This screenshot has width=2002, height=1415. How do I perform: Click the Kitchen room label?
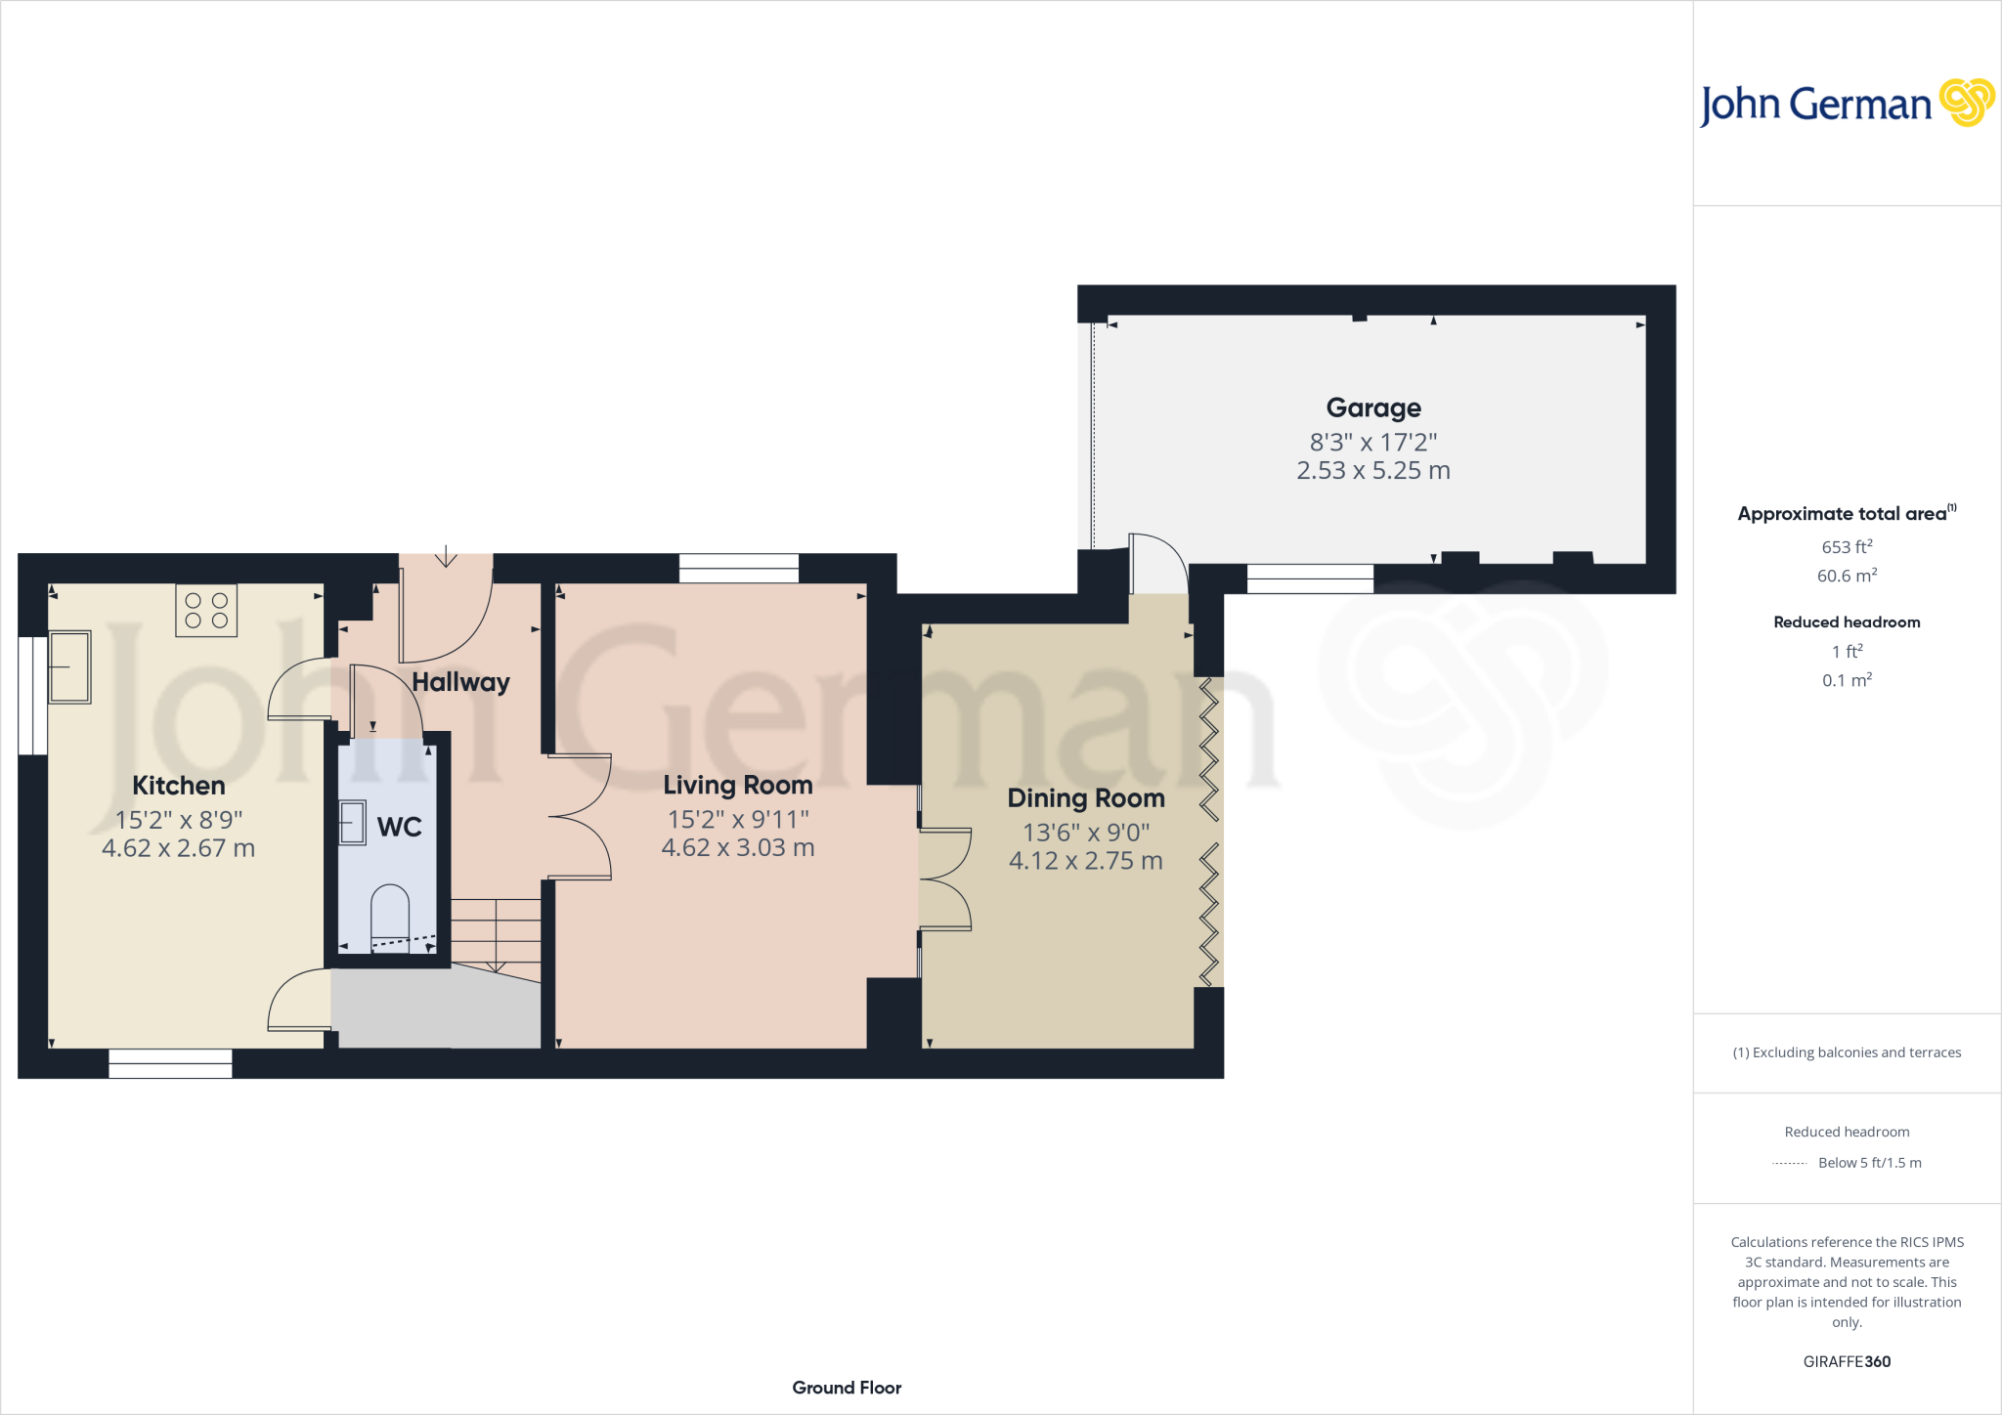point(179,786)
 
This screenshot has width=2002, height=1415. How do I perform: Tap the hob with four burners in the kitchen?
point(206,611)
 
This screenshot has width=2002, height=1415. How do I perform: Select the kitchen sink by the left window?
point(70,667)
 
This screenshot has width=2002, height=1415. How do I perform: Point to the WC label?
point(399,828)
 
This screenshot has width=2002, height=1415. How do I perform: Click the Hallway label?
point(460,682)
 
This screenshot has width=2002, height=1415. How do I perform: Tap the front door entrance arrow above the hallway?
point(446,557)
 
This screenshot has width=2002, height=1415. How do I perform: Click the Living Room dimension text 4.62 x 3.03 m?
point(738,848)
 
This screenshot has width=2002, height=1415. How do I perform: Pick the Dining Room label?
point(1086,798)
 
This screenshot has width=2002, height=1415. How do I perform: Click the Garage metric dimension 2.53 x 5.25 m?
point(1372,471)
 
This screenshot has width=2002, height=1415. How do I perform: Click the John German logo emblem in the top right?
point(1967,103)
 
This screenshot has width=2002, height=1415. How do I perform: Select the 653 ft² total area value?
point(1847,547)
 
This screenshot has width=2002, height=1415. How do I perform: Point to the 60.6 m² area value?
point(1847,577)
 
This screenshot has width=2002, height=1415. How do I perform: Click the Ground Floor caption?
point(847,1388)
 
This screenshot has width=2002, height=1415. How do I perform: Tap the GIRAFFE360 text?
point(1847,1361)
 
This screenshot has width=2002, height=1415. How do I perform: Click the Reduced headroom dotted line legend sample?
point(1789,1164)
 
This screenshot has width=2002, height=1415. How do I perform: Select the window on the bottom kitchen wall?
point(170,1063)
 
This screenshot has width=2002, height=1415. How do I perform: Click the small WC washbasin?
point(352,823)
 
